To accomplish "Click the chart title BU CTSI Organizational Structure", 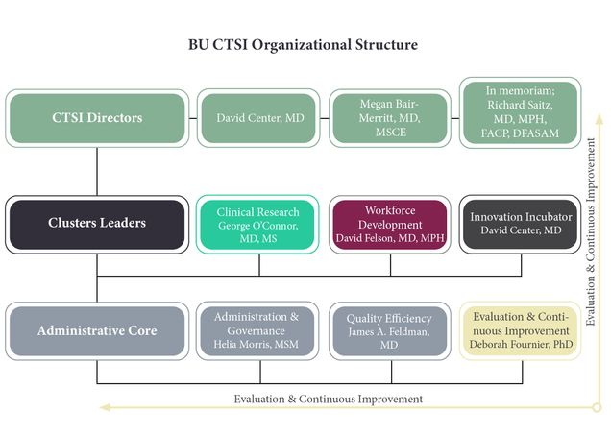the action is tap(303, 45).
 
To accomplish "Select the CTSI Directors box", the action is tap(97, 118).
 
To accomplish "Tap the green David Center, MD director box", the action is tap(258, 118).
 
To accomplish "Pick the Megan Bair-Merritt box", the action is tap(390, 118).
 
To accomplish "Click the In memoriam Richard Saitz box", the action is tap(520, 112).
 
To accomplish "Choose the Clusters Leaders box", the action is tap(97, 225).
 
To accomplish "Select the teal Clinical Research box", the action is tap(257, 225).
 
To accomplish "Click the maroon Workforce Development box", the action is tap(390, 225).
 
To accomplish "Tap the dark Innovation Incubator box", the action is tap(520, 225).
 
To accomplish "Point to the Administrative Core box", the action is tap(97, 330).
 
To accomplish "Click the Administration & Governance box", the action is tap(257, 330).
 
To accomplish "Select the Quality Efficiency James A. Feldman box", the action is tap(390, 330).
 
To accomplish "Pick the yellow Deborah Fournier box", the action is tap(520, 330).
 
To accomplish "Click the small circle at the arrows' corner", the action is tap(597, 407).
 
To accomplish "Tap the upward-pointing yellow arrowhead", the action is tap(599, 118).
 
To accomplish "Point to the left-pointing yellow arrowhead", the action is tap(106, 407).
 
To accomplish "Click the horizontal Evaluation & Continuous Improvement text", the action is tap(329, 399).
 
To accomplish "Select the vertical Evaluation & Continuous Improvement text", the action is tap(591, 231).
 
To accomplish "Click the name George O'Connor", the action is tap(258, 226).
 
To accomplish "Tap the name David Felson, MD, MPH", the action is tap(390, 238).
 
